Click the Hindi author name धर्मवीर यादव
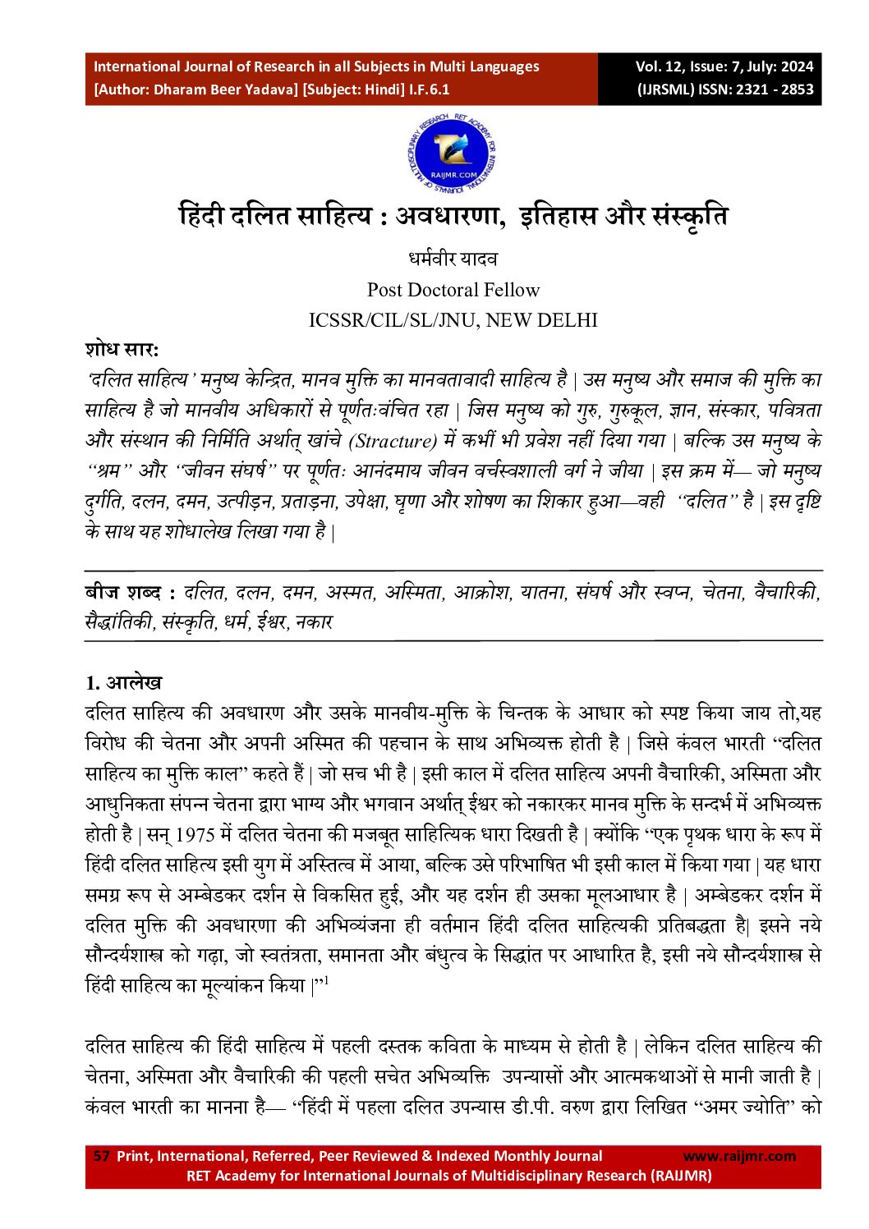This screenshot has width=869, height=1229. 453,259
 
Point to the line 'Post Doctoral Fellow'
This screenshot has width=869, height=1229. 453,290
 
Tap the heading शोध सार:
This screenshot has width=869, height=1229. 122,349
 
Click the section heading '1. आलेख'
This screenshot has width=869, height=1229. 124,683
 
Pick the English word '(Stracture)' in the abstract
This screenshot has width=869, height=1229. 393,441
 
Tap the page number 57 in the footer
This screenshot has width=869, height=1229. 102,1156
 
